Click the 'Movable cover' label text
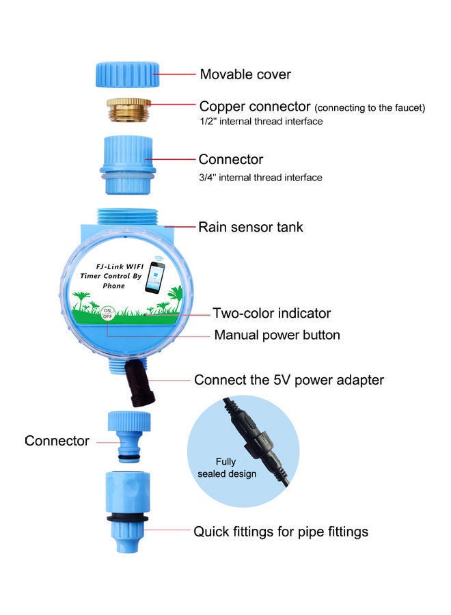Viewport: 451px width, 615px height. tap(245, 74)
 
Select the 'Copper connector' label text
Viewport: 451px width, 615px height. tap(255, 107)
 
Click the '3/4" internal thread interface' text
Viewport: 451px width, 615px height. tap(260, 178)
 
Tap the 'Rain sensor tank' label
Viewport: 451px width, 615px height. tap(251, 226)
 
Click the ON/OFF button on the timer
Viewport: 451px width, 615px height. tap(107, 314)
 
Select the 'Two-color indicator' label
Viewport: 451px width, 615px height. tap(271, 314)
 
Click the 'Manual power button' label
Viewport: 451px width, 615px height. tap(277, 335)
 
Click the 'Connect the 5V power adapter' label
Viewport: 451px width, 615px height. tap(288, 380)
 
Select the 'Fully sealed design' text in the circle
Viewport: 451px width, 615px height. tap(226, 467)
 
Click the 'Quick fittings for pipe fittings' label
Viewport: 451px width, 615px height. tap(281, 531)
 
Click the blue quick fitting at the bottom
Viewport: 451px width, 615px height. tap(128, 502)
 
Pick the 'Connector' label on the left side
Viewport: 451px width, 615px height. tap(57, 441)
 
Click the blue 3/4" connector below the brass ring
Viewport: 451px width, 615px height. tap(128, 164)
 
